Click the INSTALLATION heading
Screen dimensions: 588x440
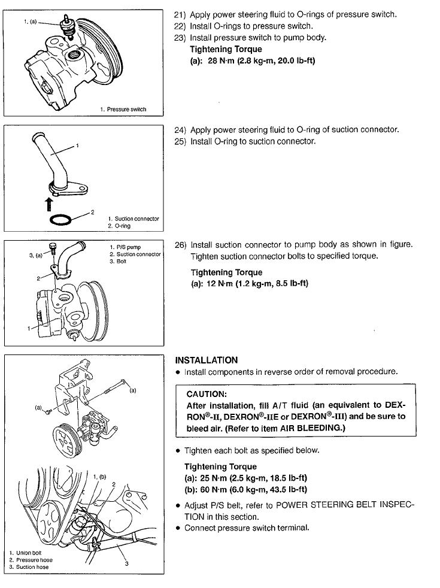tap(206, 360)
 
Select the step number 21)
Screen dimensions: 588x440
tap(180, 15)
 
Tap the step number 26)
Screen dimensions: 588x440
tap(180, 245)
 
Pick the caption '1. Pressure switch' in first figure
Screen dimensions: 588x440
tap(123, 109)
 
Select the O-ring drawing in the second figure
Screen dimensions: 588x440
tap(64, 220)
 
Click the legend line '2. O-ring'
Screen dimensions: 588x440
tap(119, 226)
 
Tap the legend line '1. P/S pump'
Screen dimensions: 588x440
tap(125, 247)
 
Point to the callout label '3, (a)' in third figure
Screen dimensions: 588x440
tap(36, 255)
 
